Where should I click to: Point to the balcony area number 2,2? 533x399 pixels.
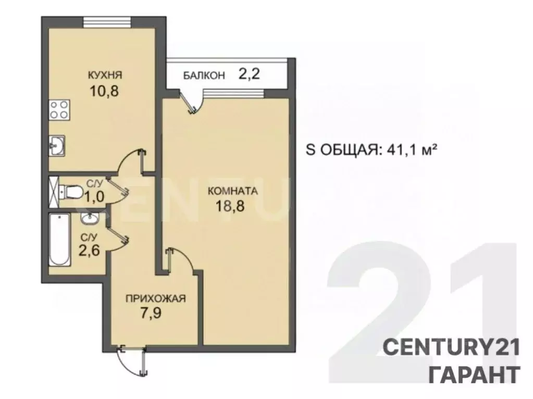click(x=249, y=74)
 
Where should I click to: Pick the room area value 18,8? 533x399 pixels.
click(x=230, y=205)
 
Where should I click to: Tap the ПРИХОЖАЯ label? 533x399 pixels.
click(x=155, y=298)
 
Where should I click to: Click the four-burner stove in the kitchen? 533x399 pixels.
click(x=58, y=110)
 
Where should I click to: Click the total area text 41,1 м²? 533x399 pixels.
click(x=410, y=151)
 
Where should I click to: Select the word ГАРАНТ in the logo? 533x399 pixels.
click(x=474, y=374)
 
